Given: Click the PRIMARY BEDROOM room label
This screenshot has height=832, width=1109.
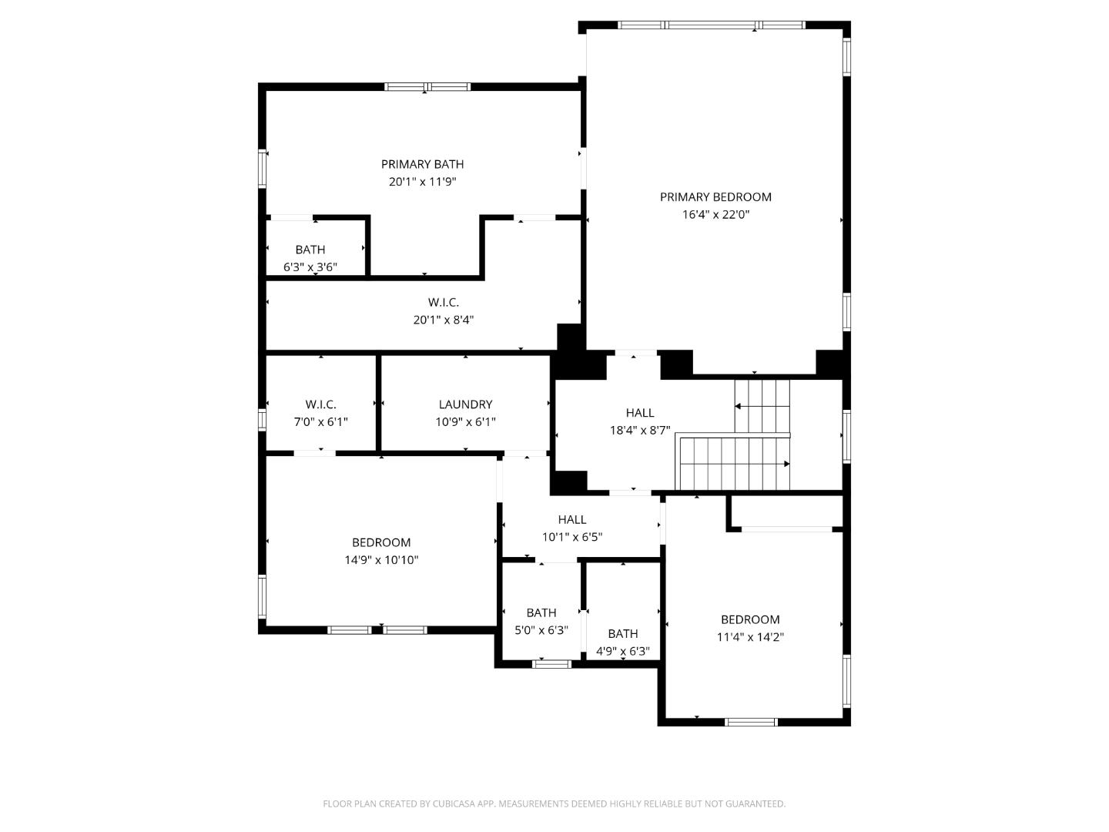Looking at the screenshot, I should tap(715, 197).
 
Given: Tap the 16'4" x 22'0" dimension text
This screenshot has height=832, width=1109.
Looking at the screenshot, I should tap(715, 215).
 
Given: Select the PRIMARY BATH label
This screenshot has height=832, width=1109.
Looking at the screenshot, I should tap(422, 164).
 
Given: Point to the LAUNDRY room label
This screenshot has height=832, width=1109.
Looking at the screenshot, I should tap(465, 404).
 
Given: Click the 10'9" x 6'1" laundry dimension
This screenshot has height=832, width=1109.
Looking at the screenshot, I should tap(465, 422).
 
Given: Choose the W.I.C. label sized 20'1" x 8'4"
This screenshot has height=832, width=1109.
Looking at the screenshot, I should tap(443, 303).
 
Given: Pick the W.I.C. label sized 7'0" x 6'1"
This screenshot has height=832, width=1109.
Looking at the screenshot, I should tap(320, 404).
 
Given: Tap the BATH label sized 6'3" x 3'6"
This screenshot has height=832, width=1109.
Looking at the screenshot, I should tap(310, 250).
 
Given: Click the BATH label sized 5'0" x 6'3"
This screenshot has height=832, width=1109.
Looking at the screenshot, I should tap(541, 613).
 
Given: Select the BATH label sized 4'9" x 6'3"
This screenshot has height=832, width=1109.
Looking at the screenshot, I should tap(622, 634).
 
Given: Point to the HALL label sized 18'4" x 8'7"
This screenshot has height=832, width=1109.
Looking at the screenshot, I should tap(639, 413).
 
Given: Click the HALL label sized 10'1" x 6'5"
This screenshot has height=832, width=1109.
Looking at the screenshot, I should tap(571, 520).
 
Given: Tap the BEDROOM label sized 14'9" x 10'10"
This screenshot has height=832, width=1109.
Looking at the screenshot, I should tap(381, 542).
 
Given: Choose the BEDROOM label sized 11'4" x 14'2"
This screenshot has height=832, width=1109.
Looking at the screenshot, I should tap(749, 619).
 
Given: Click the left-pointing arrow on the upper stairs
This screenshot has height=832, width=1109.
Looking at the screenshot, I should tap(738, 406).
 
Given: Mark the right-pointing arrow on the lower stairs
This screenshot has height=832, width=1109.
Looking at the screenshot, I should tap(786, 464).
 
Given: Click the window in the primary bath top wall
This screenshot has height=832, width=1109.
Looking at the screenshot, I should tap(427, 87).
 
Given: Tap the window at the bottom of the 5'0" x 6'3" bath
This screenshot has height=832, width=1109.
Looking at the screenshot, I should tap(551, 663).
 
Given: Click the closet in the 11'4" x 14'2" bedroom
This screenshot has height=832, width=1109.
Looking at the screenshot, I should tap(786, 512).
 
